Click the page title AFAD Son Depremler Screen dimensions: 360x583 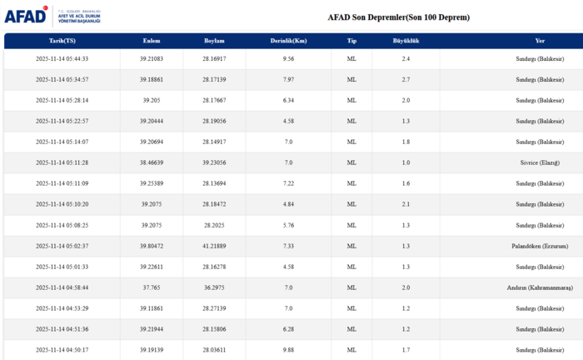coord(398,17)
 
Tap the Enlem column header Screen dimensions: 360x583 coord(151,40)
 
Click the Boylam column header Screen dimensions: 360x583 coord(214,40)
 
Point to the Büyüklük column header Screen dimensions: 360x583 coord(406,40)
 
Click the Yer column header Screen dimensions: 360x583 coord(541,40)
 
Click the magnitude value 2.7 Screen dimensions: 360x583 coord(406,79)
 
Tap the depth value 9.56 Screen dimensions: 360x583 coord(288,58)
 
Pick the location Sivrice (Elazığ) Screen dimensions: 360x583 coord(541,162)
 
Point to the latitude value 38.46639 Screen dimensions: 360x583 coord(151,162)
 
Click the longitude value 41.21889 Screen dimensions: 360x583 coord(214,246)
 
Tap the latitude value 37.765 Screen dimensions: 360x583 coord(151,287)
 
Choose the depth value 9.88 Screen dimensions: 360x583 coord(288,350)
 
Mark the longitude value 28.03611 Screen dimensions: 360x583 coord(214,350)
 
